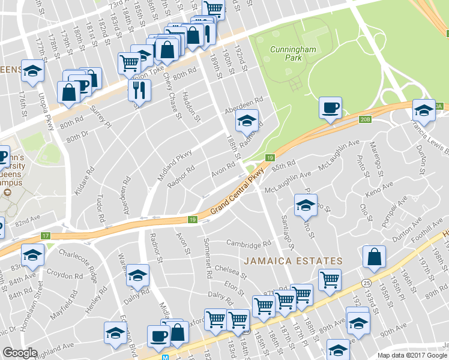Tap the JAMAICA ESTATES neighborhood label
293,262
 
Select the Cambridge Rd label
249,245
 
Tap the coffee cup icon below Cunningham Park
330,107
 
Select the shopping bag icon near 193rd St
374,256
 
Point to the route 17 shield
46,236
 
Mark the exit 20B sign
366,119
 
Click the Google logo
20,352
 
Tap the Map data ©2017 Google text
412,355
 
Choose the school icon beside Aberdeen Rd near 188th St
246,121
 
